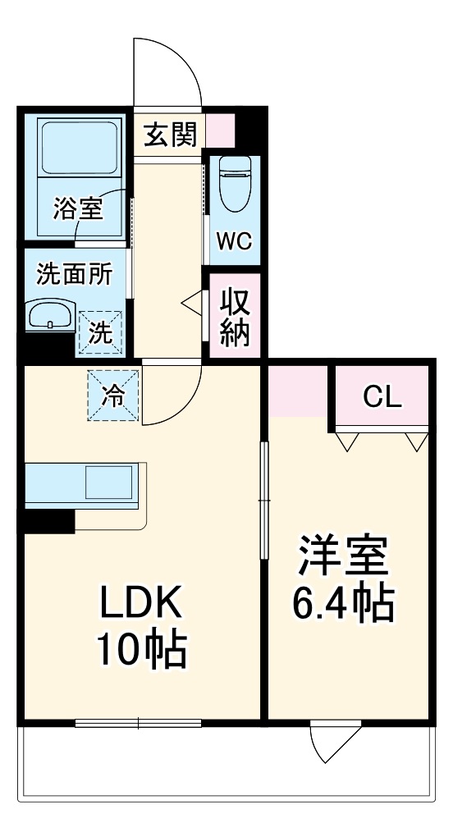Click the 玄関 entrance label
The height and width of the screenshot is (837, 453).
(169, 135)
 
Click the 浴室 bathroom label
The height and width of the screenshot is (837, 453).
(78, 209)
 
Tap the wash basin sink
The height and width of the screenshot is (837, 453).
(49, 316)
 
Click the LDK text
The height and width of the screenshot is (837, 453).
(141, 606)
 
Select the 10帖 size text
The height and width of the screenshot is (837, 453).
(141, 650)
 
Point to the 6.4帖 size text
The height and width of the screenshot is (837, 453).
(342, 605)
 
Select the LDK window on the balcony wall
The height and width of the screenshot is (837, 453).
(138, 723)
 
